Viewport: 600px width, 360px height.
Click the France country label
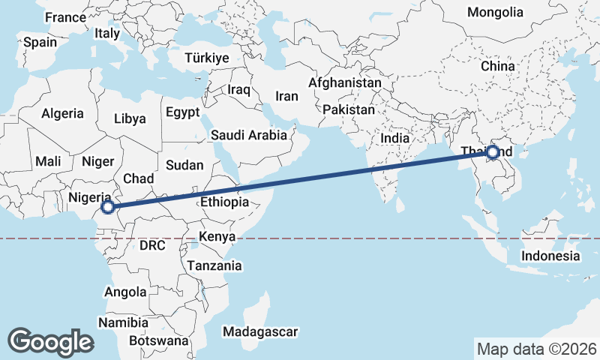coord(66,17)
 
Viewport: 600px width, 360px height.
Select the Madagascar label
coord(260,331)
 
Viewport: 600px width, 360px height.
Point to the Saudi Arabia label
coord(249,135)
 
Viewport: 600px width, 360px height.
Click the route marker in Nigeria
coord(107,207)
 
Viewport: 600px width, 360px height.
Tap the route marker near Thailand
coord(493,153)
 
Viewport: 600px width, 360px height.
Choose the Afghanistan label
coord(345,82)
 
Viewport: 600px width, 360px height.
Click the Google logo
coord(50,341)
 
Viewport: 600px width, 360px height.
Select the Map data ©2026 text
coord(536,349)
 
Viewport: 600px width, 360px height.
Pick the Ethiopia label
coord(224,202)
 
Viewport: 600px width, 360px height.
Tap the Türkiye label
coord(207,58)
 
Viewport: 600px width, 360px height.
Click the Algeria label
coord(62,114)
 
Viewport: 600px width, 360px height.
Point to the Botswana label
coord(158,340)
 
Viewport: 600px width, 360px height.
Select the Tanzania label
coord(214,265)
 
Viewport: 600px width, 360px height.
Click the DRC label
coord(151,245)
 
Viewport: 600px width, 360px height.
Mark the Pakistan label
coord(349,109)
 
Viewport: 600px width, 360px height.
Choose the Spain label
coord(40,42)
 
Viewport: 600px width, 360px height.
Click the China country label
coord(498,66)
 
